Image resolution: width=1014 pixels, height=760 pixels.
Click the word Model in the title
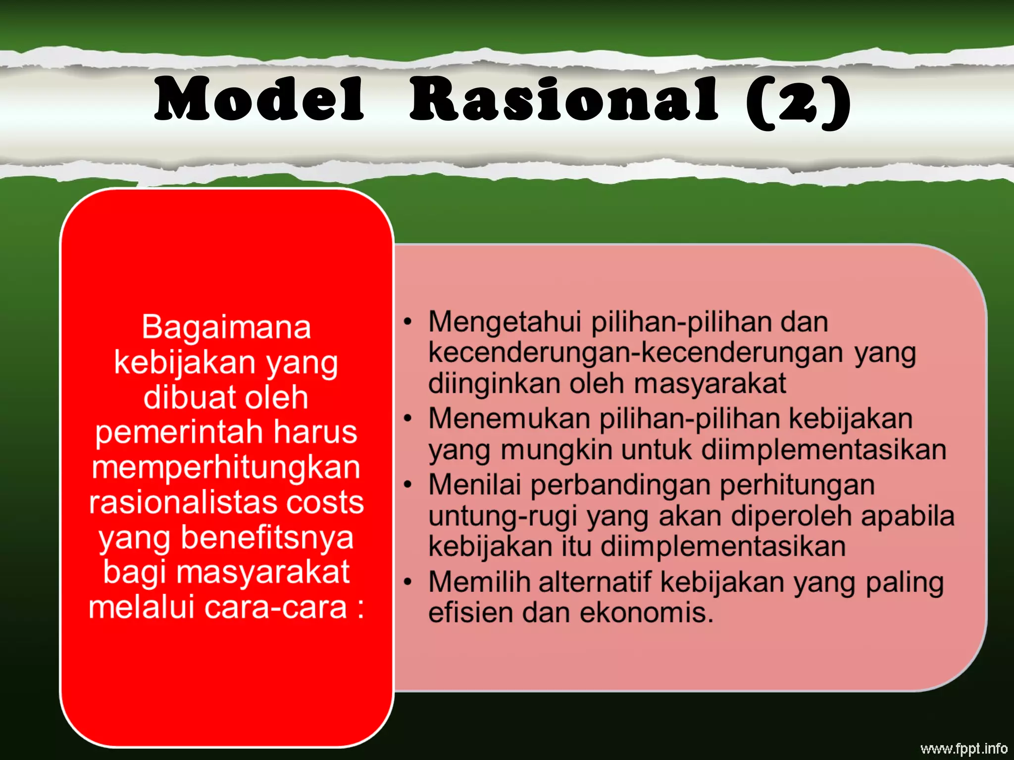[259, 99]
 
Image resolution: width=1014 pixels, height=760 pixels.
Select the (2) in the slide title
[798, 101]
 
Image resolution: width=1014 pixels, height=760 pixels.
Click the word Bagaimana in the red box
[226, 327]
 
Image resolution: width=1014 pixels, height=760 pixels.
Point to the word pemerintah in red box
[178, 432]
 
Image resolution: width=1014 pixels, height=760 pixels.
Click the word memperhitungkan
[226, 468]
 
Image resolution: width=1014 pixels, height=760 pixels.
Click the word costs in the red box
[325, 503]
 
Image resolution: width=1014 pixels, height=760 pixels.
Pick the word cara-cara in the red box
[275, 608]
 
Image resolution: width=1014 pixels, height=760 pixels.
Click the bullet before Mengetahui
[407, 322]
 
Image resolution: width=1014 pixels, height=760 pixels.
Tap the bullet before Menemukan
[407, 419]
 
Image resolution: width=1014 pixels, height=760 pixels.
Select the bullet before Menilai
[407, 485]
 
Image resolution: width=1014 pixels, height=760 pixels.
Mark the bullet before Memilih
[407, 582]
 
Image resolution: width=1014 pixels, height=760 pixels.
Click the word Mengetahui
[505, 322]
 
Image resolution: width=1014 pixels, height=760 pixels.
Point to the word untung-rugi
[503, 516]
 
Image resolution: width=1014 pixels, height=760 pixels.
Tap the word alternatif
[594, 582]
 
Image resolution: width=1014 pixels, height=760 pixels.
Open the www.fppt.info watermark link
[963, 749]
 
